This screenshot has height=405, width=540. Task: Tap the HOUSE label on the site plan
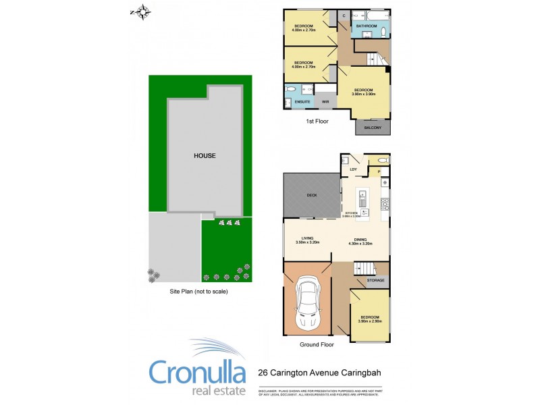pos(205,156)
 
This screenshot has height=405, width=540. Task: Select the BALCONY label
pos(373,128)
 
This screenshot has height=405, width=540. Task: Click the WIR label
pos(325,102)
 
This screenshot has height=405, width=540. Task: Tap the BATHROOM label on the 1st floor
pos(367,26)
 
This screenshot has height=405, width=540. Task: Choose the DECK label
pos(312,195)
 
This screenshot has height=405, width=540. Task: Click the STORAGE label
pos(376,279)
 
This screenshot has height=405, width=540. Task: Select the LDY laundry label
pos(353,169)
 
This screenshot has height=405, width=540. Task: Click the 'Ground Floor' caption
pos(317,344)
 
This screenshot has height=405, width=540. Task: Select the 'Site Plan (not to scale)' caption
pos(199,292)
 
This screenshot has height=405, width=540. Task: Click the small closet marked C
pos(344,15)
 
